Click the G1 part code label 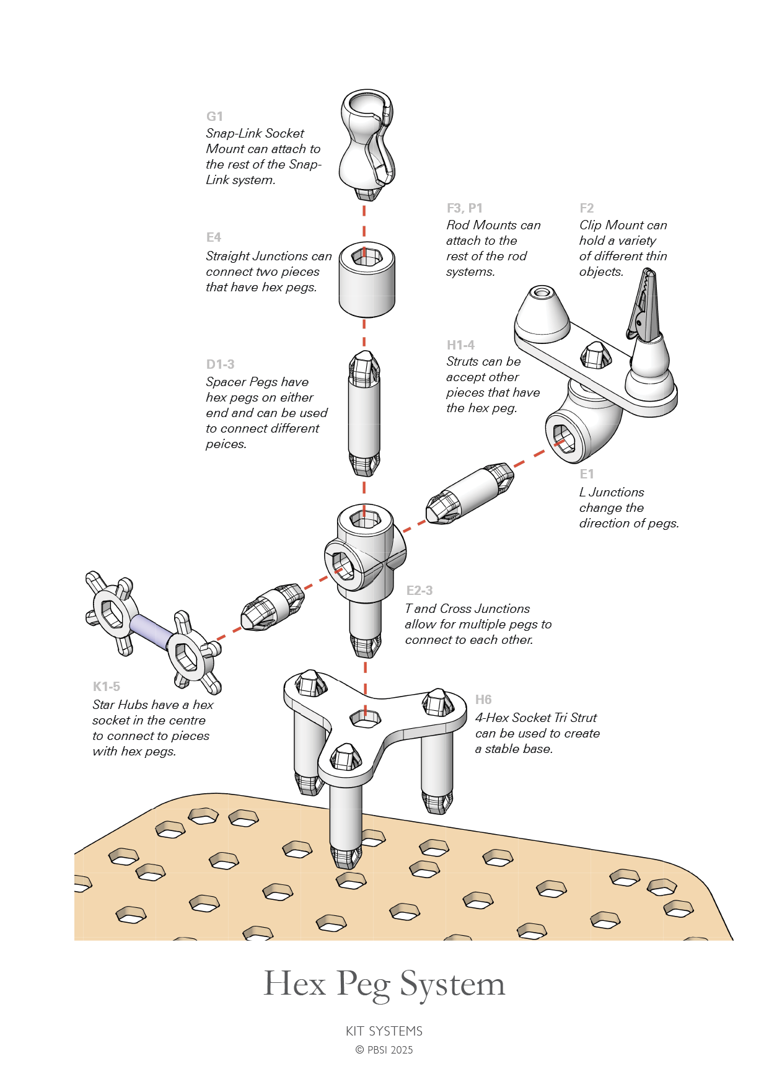214,117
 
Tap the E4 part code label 213,237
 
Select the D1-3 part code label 220,364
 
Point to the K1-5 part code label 106,687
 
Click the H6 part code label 483,700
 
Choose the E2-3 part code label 420,591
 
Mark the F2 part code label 586,208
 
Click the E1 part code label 586,474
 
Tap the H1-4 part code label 460,345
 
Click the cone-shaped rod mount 542,313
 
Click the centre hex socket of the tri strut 366,718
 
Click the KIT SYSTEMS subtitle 384,1031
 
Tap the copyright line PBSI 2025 384,1050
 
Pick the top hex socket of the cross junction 366,518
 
